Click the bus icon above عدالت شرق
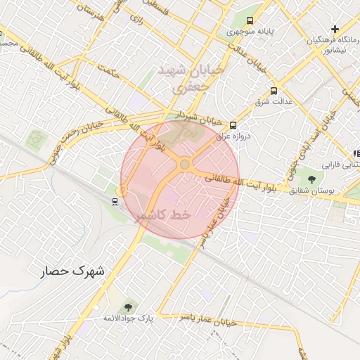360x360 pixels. pos(273,91)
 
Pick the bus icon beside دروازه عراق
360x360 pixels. pos(233,125)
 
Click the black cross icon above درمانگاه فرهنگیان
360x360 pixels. pos(335,30)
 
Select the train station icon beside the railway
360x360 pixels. pos(114,202)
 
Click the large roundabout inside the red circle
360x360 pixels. pos(184,165)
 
